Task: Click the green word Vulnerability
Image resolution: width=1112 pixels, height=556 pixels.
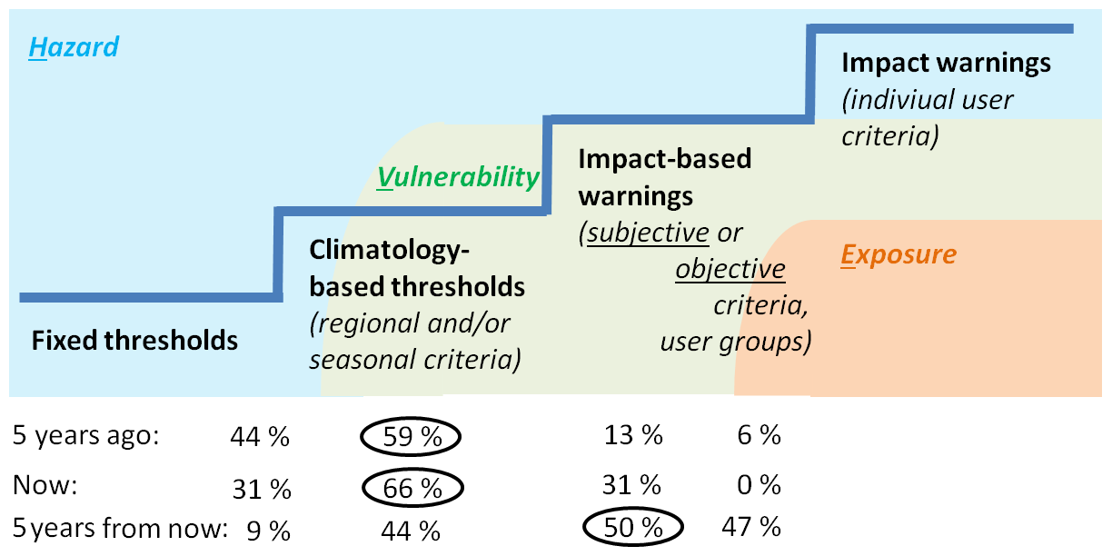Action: click(458, 177)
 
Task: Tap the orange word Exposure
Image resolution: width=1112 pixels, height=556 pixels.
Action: click(898, 254)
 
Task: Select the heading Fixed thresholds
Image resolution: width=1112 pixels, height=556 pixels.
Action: click(134, 341)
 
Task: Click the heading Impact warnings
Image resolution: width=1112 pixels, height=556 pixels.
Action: click(946, 63)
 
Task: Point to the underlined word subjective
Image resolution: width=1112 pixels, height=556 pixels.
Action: click(648, 233)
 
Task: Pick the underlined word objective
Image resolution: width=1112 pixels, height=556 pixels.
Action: click(730, 270)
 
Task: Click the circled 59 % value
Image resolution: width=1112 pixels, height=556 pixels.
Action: click(412, 437)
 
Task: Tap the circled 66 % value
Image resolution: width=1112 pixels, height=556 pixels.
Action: click(412, 487)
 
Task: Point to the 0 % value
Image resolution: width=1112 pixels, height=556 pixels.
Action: click(757, 486)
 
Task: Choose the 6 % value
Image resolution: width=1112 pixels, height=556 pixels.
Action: click(757, 436)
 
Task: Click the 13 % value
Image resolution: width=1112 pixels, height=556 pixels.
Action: click(632, 436)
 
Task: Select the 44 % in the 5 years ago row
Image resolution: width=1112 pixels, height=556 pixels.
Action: click(260, 438)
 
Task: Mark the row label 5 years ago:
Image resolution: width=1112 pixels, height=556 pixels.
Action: click(85, 436)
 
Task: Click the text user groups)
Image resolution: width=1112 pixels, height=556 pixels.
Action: click(735, 343)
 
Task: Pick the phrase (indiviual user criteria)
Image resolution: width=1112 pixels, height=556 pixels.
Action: click(927, 117)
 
